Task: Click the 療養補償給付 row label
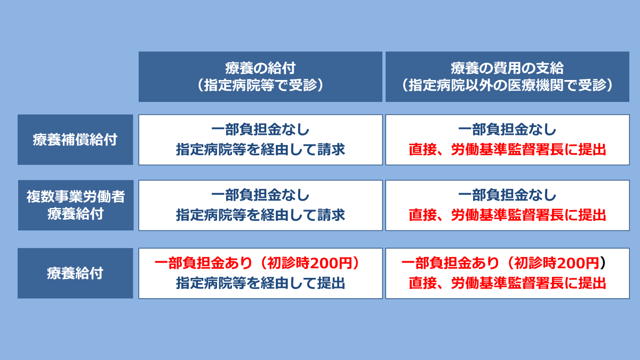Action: (75, 140)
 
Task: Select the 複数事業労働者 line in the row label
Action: (76, 197)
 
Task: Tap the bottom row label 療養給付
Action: (75, 273)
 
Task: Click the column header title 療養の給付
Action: (260, 68)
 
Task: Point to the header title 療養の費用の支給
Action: (507, 68)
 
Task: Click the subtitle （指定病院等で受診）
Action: (260, 85)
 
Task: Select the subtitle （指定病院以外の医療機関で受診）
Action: (507, 85)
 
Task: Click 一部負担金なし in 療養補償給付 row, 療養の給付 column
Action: (260, 130)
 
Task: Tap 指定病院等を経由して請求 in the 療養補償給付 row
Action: (260, 149)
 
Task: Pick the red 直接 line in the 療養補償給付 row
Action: (507, 149)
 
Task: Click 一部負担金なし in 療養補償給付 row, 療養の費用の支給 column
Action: (507, 130)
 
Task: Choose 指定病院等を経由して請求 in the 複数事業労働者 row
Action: (260, 215)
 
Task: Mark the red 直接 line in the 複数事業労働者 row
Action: (507, 215)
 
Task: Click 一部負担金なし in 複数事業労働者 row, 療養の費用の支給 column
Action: (507, 195)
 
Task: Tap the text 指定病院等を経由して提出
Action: (260, 283)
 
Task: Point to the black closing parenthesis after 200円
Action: (603, 263)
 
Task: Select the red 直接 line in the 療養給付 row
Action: (507, 283)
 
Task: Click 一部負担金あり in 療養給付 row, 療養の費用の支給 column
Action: (450, 263)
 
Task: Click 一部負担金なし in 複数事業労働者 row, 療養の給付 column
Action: (260, 195)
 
